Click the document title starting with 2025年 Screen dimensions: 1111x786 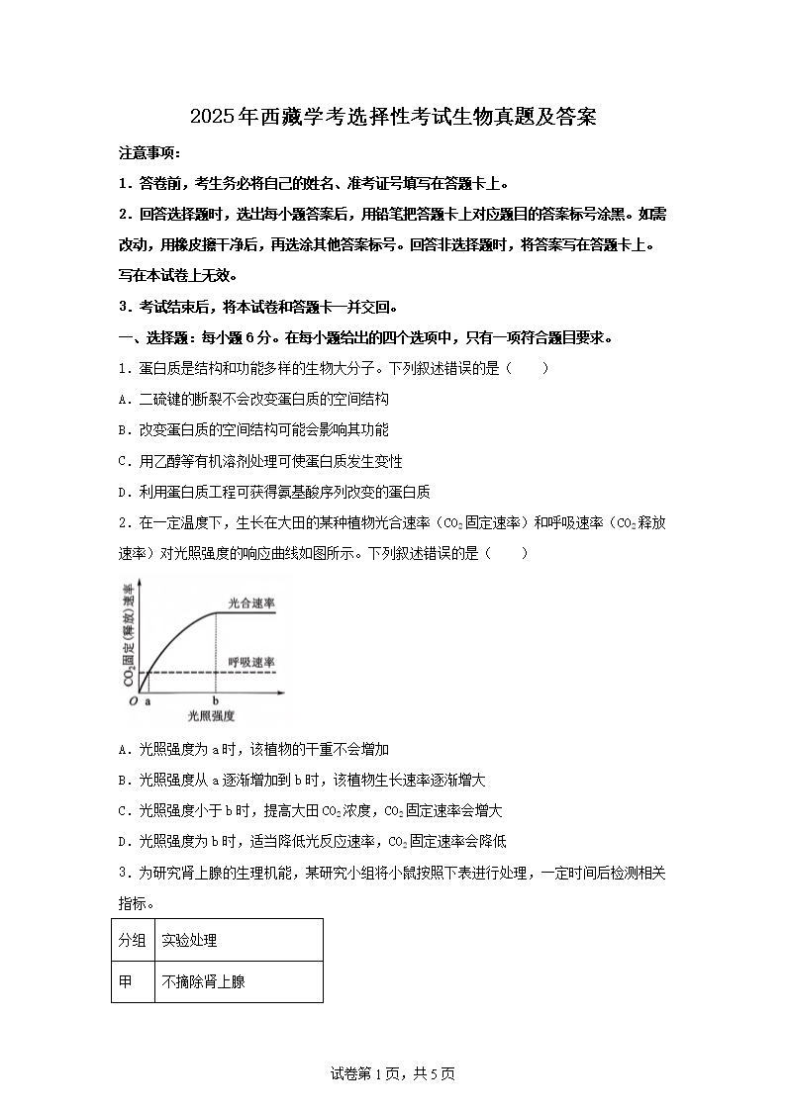[x=393, y=119]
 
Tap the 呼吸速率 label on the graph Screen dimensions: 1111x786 [x=251, y=661]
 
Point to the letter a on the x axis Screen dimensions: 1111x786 [x=148, y=700]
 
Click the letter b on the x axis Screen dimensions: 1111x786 [x=217, y=700]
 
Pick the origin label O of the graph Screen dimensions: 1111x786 [x=133, y=701]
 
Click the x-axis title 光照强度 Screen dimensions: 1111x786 [x=210, y=715]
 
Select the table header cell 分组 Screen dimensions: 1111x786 [x=133, y=940]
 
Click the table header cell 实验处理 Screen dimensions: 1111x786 [x=189, y=940]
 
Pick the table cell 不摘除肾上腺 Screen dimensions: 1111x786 [x=203, y=981]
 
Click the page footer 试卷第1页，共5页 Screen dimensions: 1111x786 [x=393, y=1073]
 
